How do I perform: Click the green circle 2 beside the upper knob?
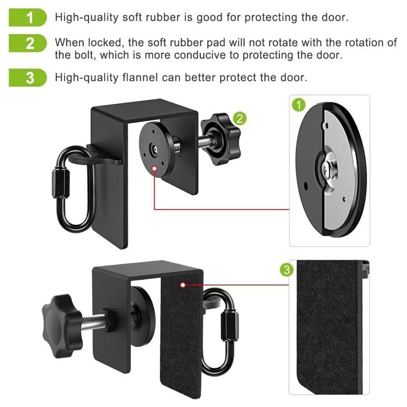pos(240,118)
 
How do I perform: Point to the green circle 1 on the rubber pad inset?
pos(299,106)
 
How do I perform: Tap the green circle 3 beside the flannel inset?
pos(287,269)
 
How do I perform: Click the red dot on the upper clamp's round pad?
pos(155,167)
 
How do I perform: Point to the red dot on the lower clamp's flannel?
pos(183,285)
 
